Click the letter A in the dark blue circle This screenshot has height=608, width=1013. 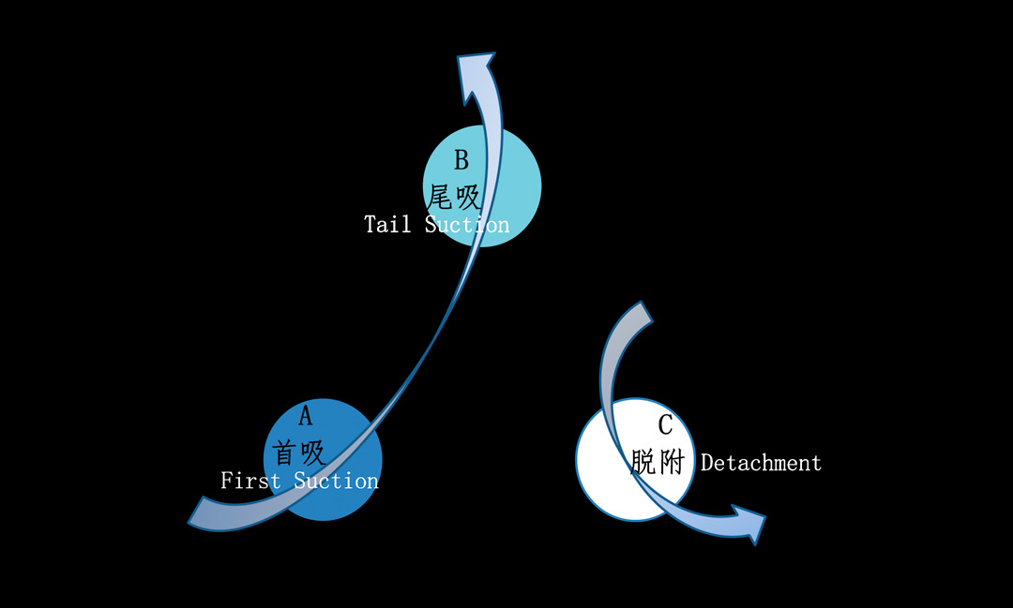305,417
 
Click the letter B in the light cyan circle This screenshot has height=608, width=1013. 461,160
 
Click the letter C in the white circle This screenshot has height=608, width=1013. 665,425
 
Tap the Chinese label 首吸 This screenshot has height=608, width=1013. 299,453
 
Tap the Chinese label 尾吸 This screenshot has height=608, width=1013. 455,197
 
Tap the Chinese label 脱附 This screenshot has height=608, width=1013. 658,462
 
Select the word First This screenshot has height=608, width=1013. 250,481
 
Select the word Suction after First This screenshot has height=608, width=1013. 337,481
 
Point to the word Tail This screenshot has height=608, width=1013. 387,225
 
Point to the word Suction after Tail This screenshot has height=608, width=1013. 467,225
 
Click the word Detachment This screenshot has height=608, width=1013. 761,463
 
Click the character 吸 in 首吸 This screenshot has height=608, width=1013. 313,453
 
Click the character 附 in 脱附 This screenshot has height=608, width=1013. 671,462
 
